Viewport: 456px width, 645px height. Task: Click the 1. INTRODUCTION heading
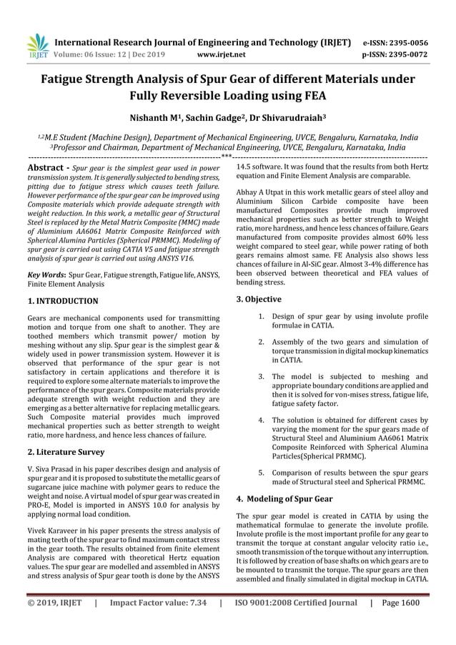click(x=62, y=302)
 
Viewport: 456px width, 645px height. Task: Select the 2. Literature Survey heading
click(x=66, y=452)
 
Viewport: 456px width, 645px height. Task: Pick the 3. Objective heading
click(x=259, y=299)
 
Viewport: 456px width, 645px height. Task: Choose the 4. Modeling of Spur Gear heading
click(x=284, y=498)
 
